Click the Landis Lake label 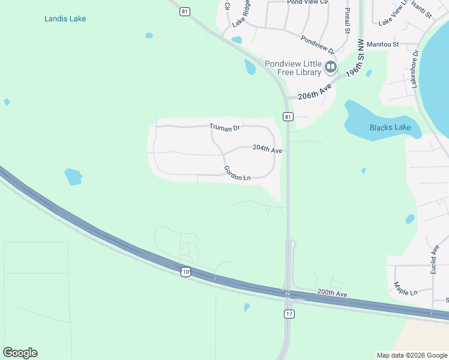(x=65, y=19)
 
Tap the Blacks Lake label (x=390, y=127)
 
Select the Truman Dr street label (x=224, y=127)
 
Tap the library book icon (x=330, y=68)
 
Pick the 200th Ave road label (x=333, y=293)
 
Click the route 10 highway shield (x=187, y=272)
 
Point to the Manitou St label (x=383, y=44)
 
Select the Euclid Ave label (x=434, y=260)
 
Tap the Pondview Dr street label (x=317, y=44)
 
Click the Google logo (x=20, y=353)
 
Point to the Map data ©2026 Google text (x=412, y=355)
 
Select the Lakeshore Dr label (x=414, y=70)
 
